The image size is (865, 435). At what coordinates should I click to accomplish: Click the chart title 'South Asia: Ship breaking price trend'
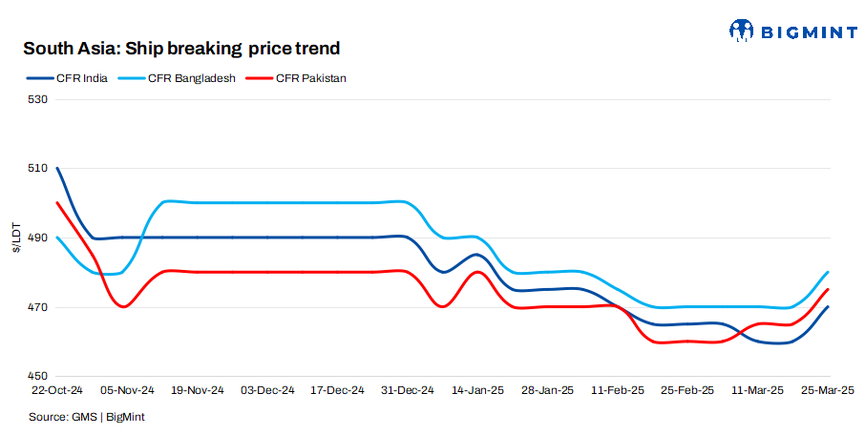coord(181,48)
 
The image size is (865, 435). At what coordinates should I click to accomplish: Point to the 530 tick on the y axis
coord(37,99)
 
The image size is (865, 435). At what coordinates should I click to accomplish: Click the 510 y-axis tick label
coord(37,169)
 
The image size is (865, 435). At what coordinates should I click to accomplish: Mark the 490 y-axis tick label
coord(37,238)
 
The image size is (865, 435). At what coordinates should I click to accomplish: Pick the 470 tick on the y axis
coord(37,308)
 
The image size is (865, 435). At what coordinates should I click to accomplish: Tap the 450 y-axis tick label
coord(37,377)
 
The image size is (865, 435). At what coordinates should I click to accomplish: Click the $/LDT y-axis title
coord(15,238)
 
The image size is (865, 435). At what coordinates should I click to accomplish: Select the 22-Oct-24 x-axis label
coord(58,391)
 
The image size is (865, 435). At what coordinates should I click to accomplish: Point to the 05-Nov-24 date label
coord(128,391)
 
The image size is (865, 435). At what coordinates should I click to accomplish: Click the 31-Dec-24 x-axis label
coord(408,391)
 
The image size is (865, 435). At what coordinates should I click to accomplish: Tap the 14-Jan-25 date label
coord(477,391)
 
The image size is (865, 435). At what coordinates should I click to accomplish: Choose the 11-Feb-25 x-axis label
coord(617,391)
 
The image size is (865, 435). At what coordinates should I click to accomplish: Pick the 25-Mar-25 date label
coord(827,391)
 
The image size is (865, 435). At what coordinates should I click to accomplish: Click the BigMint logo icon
coord(743,31)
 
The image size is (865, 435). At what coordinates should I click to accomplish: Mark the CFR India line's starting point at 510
coord(58,168)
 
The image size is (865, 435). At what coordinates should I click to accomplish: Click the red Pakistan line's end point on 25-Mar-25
coord(827,289)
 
